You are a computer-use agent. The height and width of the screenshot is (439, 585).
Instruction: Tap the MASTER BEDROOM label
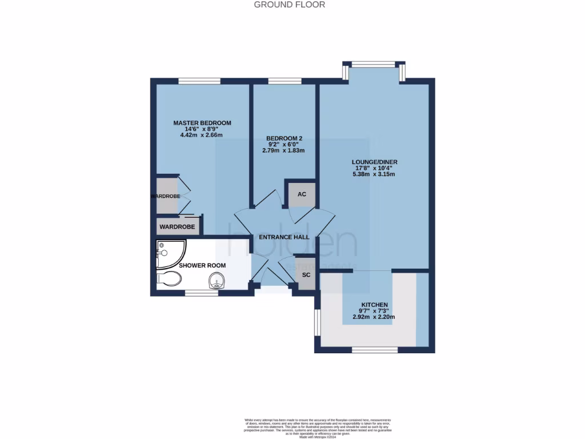click(x=202, y=123)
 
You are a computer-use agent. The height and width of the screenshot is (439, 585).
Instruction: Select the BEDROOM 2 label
click(x=283, y=138)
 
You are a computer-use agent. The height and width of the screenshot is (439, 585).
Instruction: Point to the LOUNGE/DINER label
click(x=375, y=161)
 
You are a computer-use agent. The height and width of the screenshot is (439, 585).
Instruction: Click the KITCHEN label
click(x=375, y=305)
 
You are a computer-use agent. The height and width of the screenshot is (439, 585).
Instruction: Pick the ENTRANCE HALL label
click(x=285, y=237)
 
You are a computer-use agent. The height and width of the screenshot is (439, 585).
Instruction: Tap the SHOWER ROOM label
click(x=202, y=265)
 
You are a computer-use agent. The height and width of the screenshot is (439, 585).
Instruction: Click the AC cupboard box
click(x=302, y=194)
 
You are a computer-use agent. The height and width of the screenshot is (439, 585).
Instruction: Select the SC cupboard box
click(x=306, y=274)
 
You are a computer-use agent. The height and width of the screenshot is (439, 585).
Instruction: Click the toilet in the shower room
click(x=169, y=278)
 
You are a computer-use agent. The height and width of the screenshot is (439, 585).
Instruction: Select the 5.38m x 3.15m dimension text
click(x=375, y=174)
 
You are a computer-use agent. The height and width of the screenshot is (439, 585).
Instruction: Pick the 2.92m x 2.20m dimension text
click(x=375, y=317)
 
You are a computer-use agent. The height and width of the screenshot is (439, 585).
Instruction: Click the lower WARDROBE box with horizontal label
click(x=177, y=227)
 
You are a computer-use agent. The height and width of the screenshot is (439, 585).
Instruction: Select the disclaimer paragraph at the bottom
click(x=292, y=427)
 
